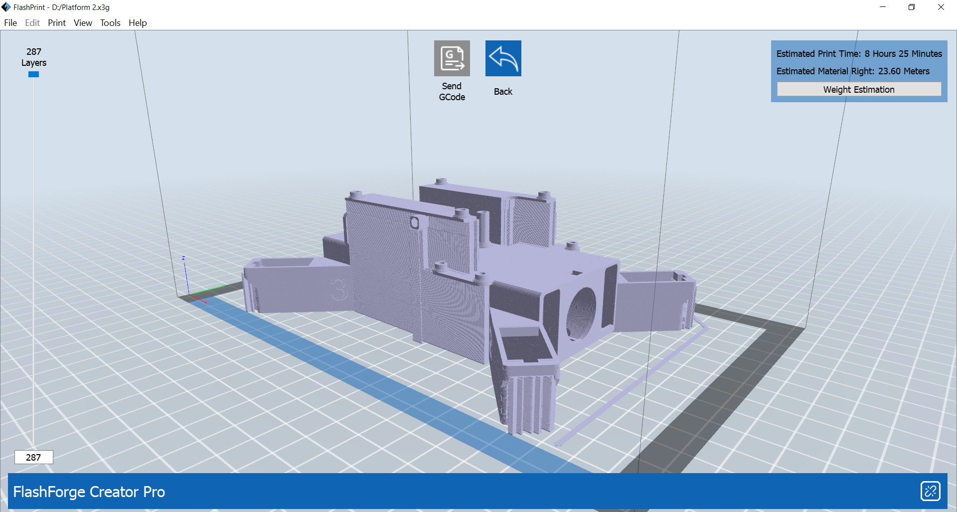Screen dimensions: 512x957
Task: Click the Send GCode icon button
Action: (x=452, y=58)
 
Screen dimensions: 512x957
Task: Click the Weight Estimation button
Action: (x=858, y=89)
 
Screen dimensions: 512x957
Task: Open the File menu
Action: (x=10, y=23)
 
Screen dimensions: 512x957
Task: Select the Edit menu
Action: (x=32, y=23)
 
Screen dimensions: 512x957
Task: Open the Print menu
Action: (x=57, y=23)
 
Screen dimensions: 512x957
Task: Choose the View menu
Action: (x=83, y=23)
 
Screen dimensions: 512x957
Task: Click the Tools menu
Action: (x=110, y=23)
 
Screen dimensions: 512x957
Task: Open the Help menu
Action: (x=138, y=23)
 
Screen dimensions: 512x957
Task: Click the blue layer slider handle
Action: (x=33, y=74)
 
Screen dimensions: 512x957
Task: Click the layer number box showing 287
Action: (x=33, y=457)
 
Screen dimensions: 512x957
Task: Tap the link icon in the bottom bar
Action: (x=930, y=491)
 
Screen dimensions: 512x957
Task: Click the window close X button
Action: (x=941, y=7)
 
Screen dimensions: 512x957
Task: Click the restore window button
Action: (x=912, y=7)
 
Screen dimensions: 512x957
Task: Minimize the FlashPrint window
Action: (x=883, y=7)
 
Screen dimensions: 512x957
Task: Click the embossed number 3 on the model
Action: (x=339, y=289)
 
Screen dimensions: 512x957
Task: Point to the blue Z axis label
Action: (x=183, y=258)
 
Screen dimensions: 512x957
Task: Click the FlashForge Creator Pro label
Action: (x=89, y=492)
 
